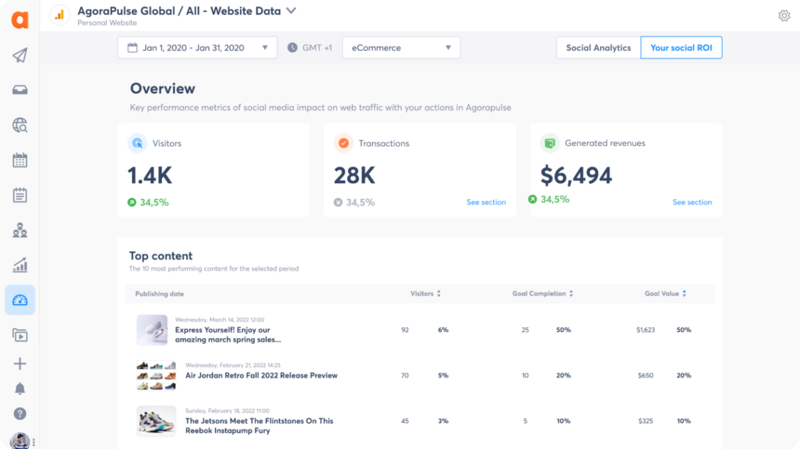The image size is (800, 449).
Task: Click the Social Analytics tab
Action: pos(599,48)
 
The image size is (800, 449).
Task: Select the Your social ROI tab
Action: pos(681,48)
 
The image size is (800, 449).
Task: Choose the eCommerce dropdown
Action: pos(401,48)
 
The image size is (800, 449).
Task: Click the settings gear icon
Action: pos(784,15)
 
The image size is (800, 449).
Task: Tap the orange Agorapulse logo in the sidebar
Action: pos(20,20)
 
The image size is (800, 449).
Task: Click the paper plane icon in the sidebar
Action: pos(20,55)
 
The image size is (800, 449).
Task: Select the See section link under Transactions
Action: pos(486,202)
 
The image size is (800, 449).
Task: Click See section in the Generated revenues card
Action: pos(692,202)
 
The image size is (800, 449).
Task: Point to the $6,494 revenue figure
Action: pos(576,175)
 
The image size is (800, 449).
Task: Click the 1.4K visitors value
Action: pos(149,175)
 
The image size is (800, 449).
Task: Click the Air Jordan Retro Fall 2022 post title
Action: pos(261,375)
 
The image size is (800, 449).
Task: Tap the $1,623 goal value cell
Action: pos(645,330)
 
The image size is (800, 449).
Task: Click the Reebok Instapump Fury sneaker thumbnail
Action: pos(156,421)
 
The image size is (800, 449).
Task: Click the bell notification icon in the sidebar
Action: pos(20,389)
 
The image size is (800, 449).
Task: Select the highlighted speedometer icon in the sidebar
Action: pos(20,300)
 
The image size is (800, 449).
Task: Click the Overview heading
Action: pos(163,88)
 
